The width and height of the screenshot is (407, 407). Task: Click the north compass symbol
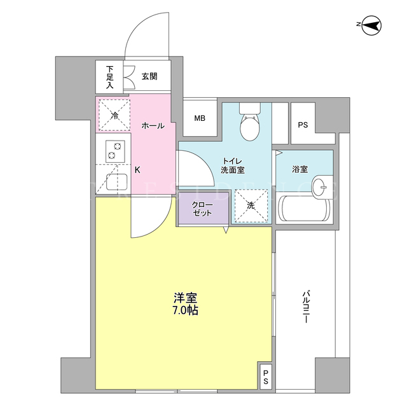pos(371,25)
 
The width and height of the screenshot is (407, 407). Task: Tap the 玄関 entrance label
pos(149,76)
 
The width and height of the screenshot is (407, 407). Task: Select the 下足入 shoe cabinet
pos(109,77)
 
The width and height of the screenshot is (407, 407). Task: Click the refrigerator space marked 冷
pos(114,114)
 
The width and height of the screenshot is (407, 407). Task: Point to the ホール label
pos(153,126)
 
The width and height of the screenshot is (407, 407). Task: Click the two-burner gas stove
pos(115,151)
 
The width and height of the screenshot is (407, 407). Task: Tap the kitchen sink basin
pos(116,182)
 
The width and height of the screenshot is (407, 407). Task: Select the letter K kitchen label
pos(137,170)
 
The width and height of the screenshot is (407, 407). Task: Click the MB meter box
pos(200,118)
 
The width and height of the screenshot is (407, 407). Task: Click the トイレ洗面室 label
pos(233,165)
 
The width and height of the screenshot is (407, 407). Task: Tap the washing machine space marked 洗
pos(251,205)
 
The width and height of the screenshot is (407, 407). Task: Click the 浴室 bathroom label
pos(300,169)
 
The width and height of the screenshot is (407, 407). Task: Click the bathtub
pos(304,209)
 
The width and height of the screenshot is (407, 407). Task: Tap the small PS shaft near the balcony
pos(265,377)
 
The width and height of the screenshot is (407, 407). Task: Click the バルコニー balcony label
pos(305,307)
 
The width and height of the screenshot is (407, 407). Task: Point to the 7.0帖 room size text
pos(186,310)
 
